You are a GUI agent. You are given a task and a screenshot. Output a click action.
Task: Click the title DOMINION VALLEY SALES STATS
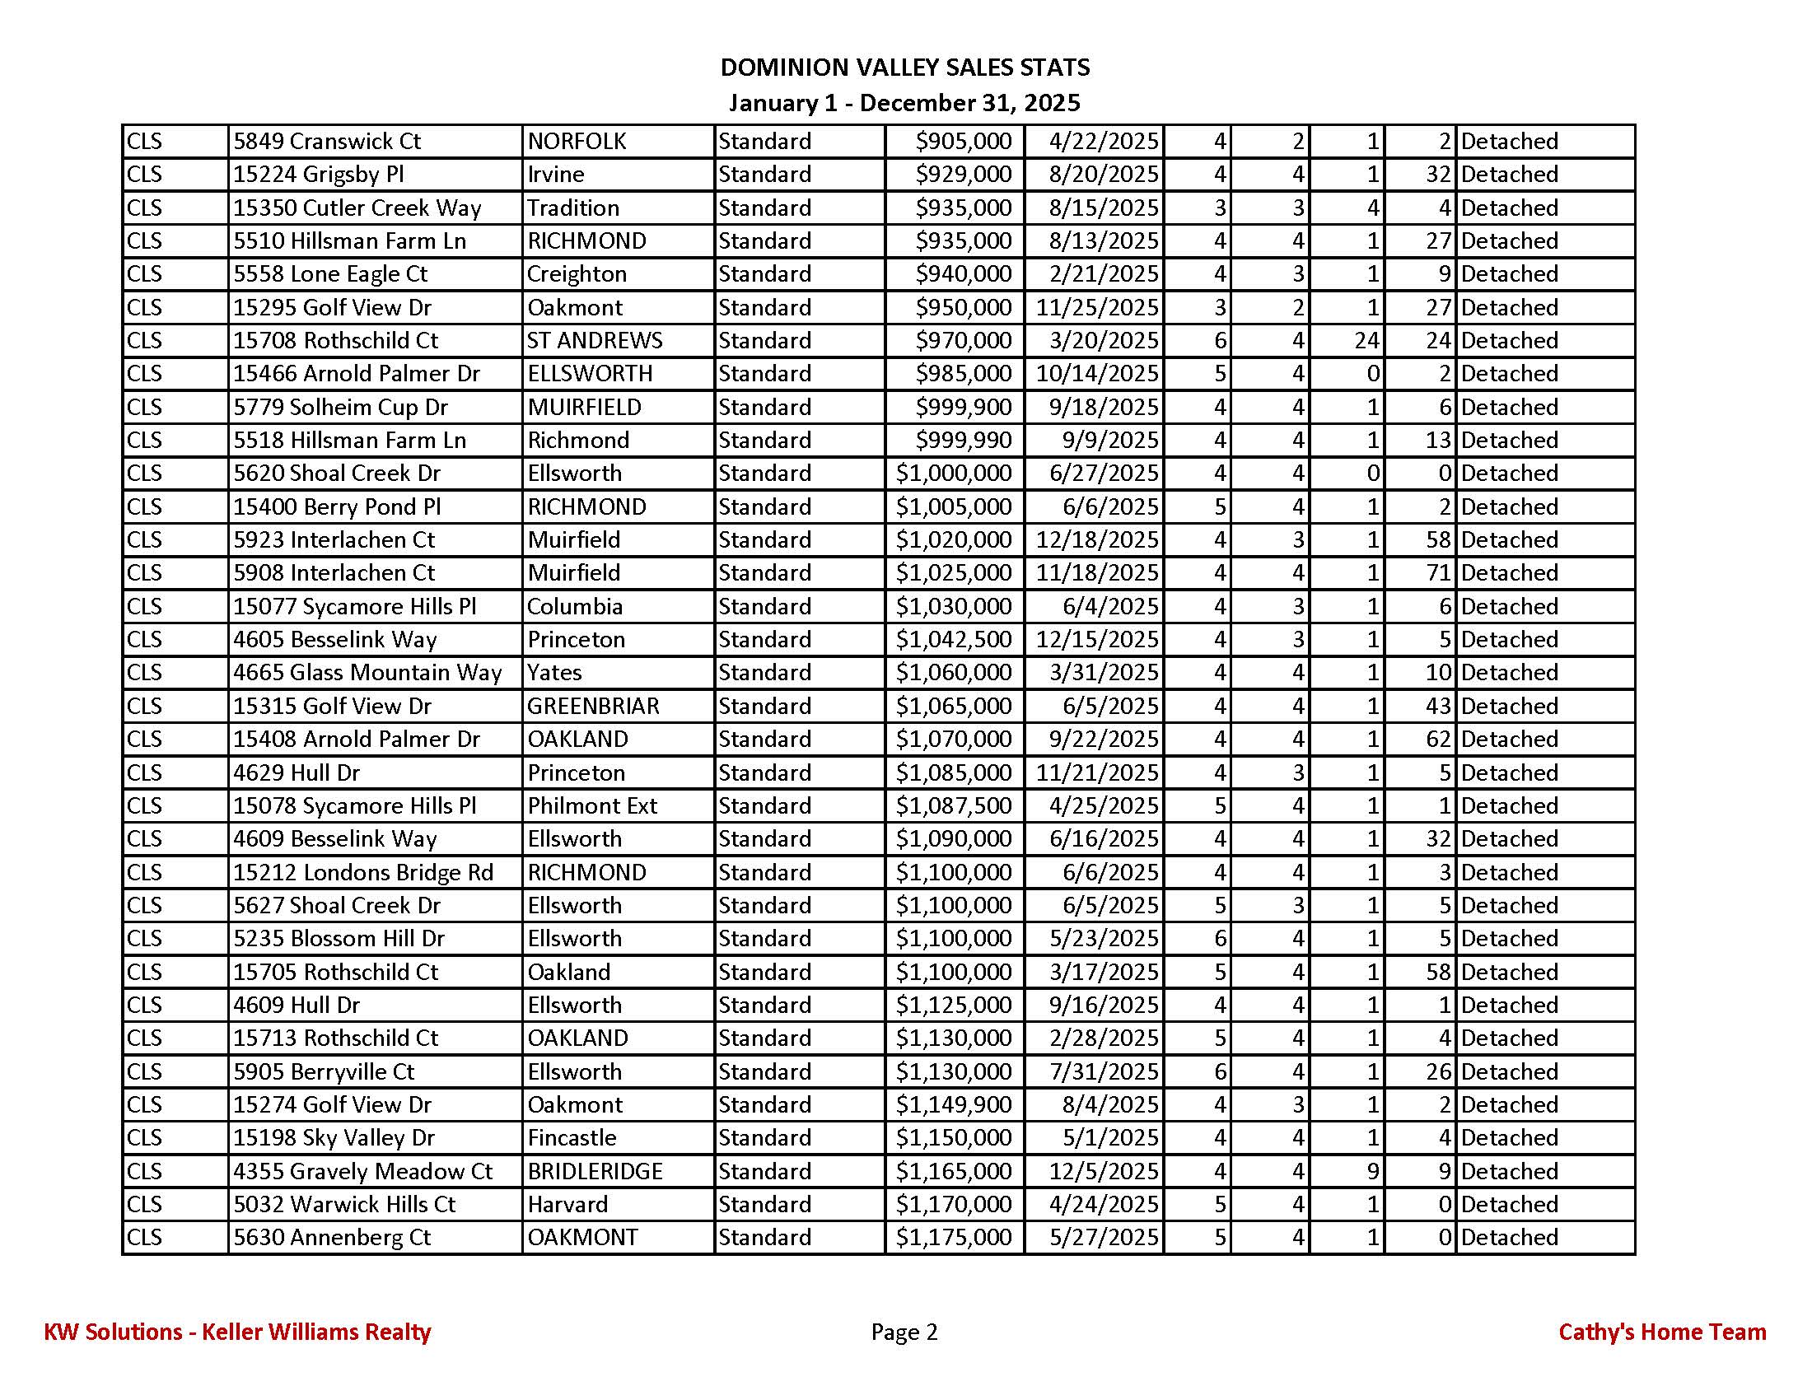pos(904,68)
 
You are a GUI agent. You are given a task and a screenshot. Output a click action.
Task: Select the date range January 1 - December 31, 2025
pos(904,103)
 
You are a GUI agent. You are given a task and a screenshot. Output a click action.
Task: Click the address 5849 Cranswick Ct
pos(327,142)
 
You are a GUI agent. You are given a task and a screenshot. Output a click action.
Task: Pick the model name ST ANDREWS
pos(595,341)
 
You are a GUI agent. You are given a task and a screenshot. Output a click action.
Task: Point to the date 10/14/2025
pos(1097,374)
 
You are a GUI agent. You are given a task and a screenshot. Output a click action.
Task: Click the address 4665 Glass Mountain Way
pos(367,673)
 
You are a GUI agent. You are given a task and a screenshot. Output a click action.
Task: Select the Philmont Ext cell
pos(591,806)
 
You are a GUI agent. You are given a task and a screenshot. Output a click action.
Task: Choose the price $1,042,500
pos(953,639)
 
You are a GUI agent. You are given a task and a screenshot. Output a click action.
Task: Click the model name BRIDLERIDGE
pos(595,1172)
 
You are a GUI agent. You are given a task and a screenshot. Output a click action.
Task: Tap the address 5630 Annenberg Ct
pos(332,1239)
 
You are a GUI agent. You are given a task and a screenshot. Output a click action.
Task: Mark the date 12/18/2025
pos(1097,540)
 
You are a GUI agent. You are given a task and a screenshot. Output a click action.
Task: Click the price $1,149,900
pos(953,1105)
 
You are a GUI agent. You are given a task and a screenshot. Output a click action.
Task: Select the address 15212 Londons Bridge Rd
pos(363,872)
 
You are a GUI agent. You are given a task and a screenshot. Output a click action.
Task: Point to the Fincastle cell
pos(572,1138)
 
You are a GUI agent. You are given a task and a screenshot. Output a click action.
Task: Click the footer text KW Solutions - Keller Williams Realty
pos(237,1332)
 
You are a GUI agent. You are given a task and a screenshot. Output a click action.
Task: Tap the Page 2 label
pos(904,1332)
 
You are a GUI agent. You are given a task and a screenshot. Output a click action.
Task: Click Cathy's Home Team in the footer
pos(1662,1332)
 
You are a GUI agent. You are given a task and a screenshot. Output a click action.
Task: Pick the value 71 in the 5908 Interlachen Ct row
pos(1438,573)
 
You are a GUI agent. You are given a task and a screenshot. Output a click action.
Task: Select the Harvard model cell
pos(567,1204)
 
